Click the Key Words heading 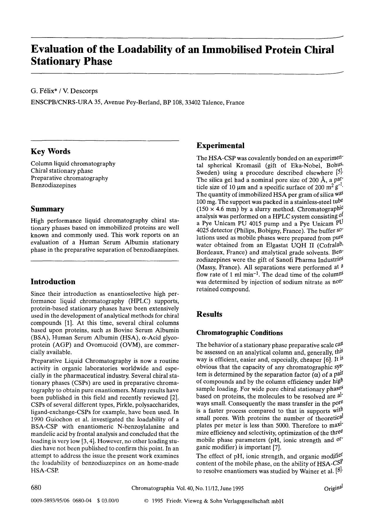point(50,152)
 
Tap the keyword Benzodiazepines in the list point(53,185)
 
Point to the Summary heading point(47,209)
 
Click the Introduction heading point(53,282)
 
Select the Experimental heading point(220,146)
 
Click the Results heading point(209,314)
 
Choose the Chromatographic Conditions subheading point(239,333)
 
